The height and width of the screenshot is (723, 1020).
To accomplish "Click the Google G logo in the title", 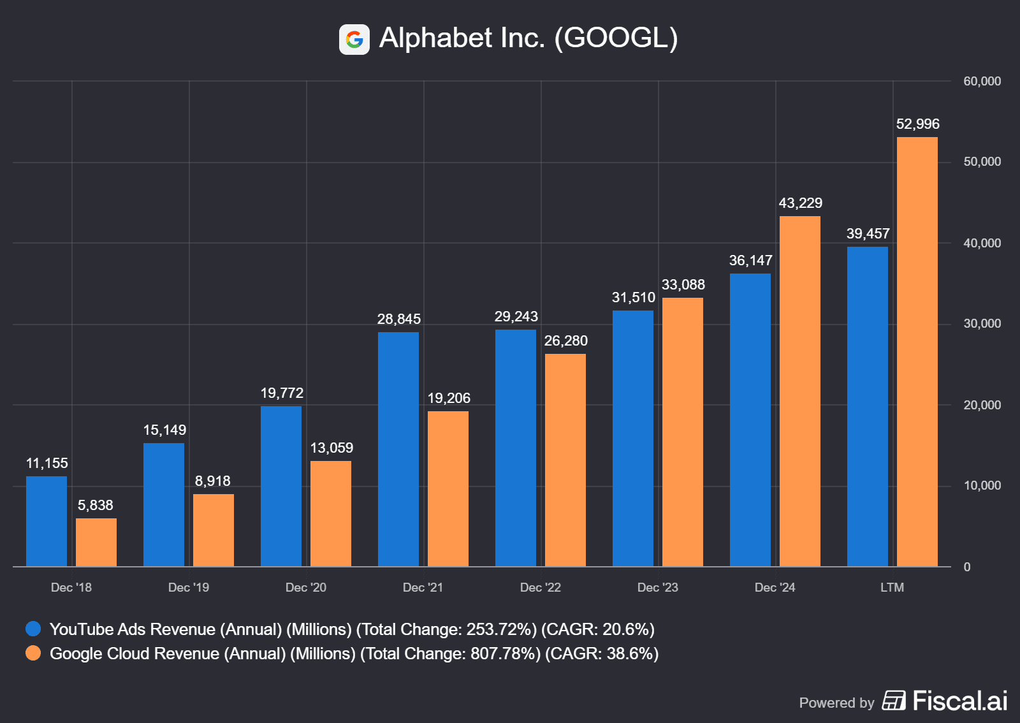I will click(354, 40).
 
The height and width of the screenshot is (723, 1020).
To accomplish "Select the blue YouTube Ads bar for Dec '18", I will click(47, 521).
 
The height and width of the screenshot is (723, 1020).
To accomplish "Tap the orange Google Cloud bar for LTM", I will click(917, 351).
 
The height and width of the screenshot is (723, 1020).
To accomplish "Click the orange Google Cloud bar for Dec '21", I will click(448, 488).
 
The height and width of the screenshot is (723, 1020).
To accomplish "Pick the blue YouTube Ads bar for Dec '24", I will click(750, 420).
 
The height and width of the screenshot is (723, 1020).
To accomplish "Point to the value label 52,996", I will click(917, 124).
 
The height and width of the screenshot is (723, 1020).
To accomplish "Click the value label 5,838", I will click(96, 506).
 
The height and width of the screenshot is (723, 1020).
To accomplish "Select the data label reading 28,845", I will click(399, 319).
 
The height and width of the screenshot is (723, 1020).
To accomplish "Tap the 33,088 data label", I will click(683, 285).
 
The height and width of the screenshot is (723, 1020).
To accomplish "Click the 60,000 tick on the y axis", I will click(982, 82).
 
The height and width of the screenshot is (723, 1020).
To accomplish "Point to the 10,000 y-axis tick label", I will click(982, 486).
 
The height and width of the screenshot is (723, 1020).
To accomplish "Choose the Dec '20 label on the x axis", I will click(306, 588).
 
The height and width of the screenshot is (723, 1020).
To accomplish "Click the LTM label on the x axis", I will click(892, 588).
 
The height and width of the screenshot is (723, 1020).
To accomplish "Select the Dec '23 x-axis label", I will click(658, 588).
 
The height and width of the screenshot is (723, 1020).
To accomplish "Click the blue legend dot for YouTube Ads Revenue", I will click(33, 629).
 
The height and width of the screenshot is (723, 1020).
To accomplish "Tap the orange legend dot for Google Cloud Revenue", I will click(33, 654).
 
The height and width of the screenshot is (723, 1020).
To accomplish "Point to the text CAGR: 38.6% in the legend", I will click(602, 654).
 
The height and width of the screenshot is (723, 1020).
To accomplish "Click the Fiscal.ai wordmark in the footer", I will click(959, 701).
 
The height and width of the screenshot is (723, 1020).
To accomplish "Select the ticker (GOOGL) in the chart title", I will click(616, 38).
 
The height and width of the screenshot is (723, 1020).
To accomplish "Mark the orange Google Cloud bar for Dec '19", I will click(214, 530).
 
